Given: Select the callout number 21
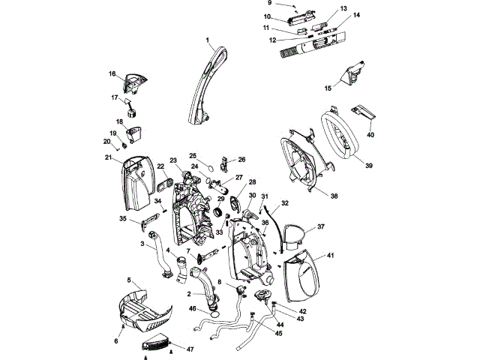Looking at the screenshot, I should (x=108, y=157).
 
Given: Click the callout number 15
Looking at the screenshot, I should (x=327, y=88).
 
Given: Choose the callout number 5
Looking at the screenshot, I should (x=129, y=278).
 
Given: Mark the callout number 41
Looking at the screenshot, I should (x=329, y=256).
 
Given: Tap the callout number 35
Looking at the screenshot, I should (x=123, y=219).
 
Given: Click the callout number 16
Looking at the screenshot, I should (x=112, y=74).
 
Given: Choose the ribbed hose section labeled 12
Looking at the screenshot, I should (x=288, y=52).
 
